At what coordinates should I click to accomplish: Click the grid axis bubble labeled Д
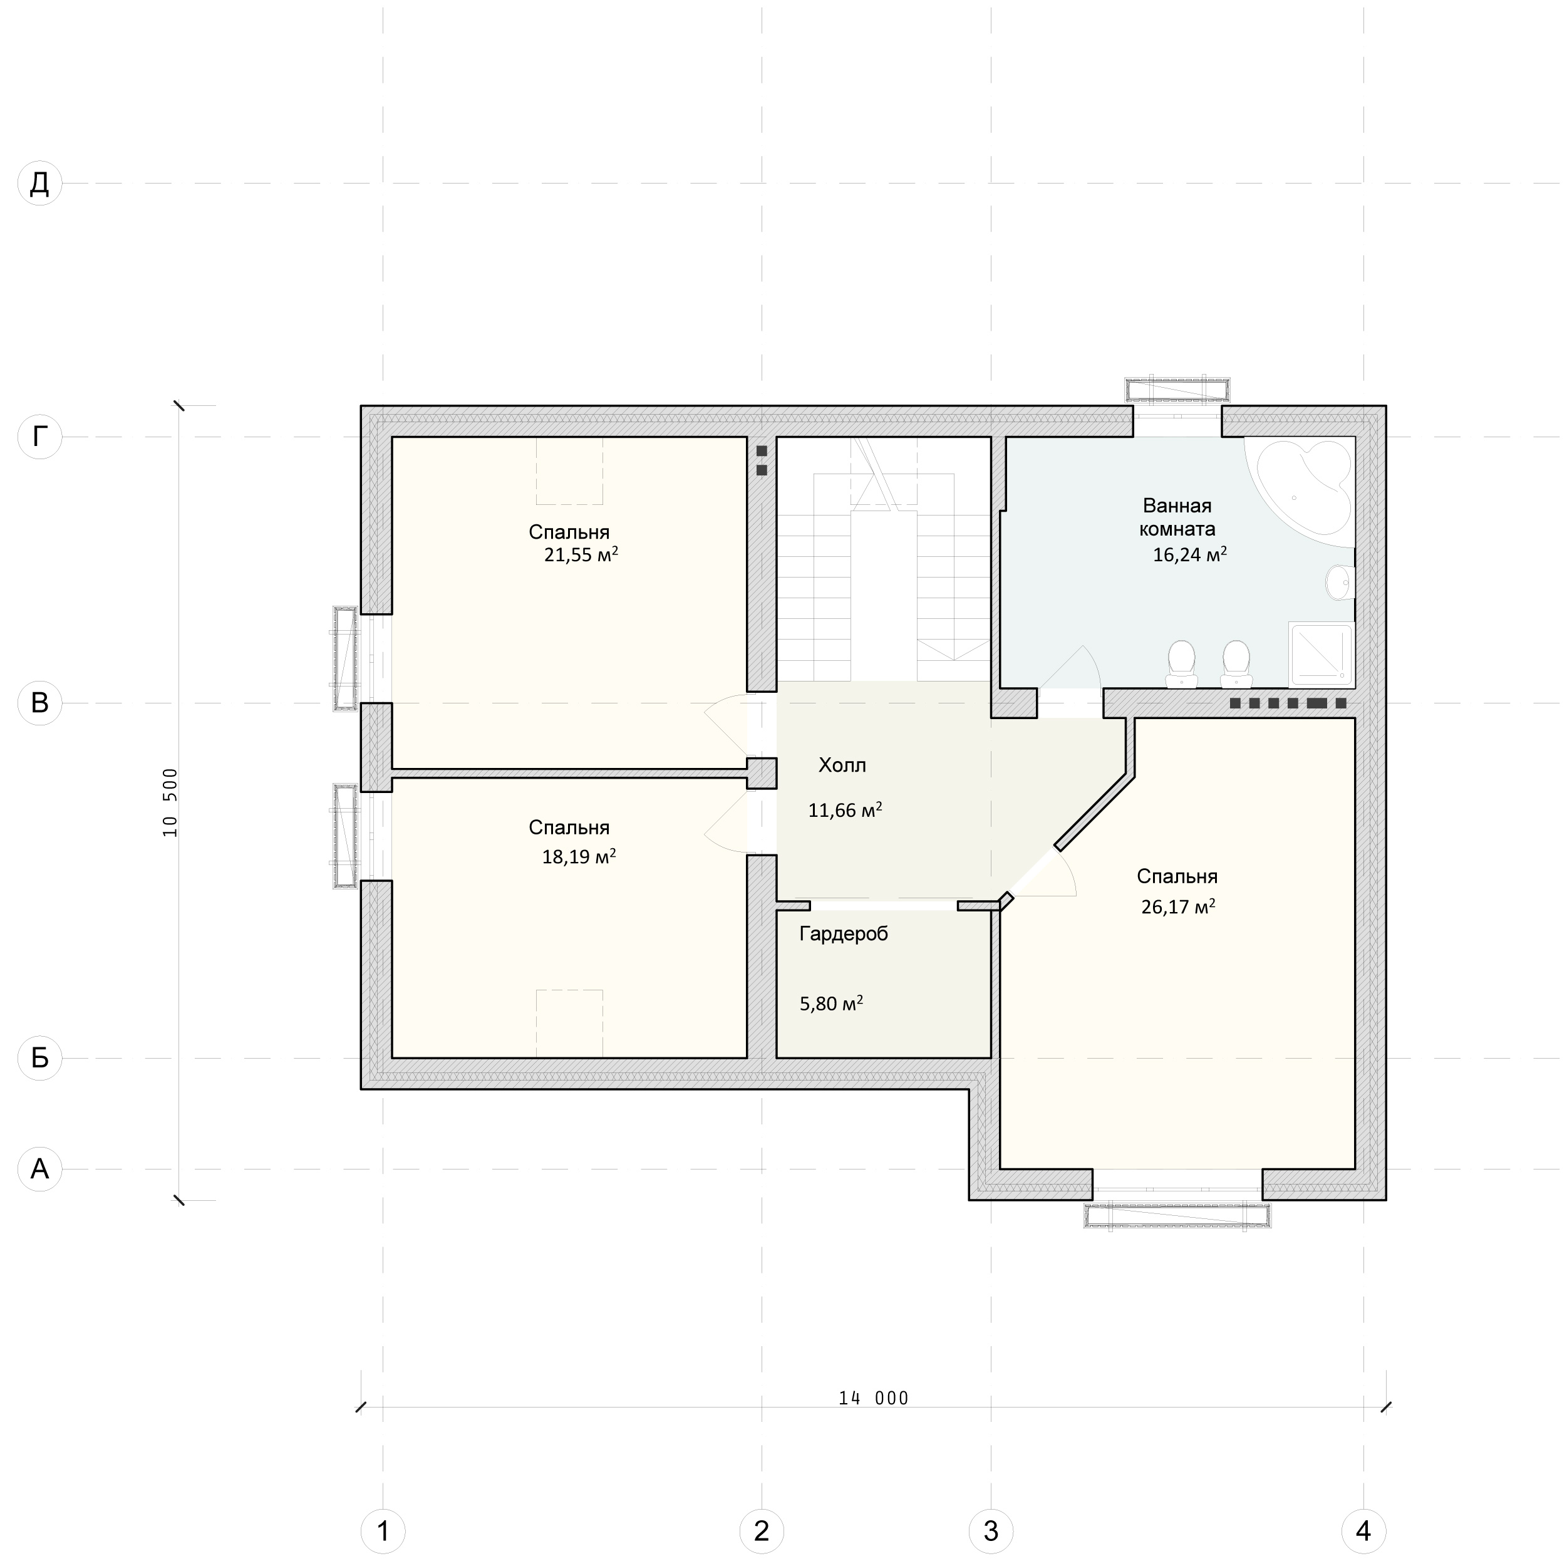click(x=39, y=184)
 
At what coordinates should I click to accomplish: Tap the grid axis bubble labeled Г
click(x=39, y=437)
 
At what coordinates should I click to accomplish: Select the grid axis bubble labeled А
click(x=39, y=1169)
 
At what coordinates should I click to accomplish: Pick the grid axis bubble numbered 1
click(x=383, y=1531)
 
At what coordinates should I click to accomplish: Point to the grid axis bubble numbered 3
click(x=991, y=1531)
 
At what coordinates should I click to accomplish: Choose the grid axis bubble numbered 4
click(x=1363, y=1531)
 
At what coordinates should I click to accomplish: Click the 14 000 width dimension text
click(x=874, y=1399)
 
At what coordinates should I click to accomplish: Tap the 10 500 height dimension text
click(x=170, y=802)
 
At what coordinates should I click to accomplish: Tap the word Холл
click(x=842, y=765)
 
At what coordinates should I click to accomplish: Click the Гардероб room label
click(x=844, y=935)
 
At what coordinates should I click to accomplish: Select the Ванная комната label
click(x=1177, y=517)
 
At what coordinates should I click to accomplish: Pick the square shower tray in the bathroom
click(x=1321, y=653)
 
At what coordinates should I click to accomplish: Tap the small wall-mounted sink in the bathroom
click(x=1339, y=582)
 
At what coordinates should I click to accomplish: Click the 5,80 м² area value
click(x=831, y=1003)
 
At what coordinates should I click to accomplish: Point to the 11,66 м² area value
click(x=845, y=810)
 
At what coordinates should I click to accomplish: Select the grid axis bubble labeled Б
click(x=39, y=1058)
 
